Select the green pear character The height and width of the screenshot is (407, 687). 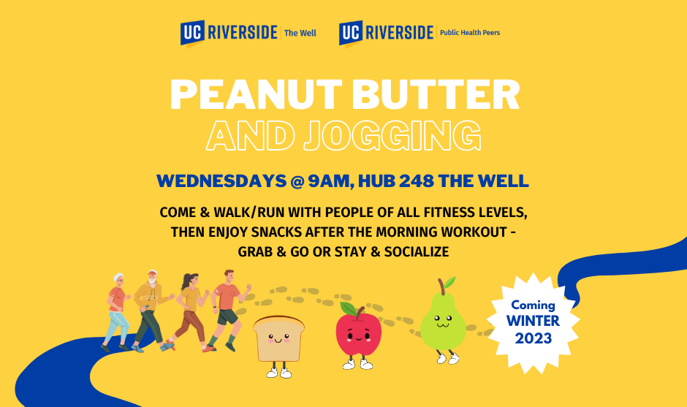click(443, 322)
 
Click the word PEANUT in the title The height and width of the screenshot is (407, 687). click(256, 95)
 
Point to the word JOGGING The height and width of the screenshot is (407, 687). click(392, 135)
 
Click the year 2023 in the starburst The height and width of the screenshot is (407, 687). click(534, 338)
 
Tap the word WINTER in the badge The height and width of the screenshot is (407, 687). click(533, 321)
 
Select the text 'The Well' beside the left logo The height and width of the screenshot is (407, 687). click(300, 33)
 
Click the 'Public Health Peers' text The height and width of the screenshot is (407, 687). click(470, 32)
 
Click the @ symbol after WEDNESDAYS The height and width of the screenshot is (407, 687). click(297, 181)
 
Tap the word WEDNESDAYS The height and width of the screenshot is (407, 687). click(221, 181)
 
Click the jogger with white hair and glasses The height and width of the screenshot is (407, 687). click(116, 312)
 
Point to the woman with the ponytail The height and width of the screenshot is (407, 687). click(189, 311)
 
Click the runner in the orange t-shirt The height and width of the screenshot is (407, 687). click(227, 310)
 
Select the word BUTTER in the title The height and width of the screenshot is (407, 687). click(436, 95)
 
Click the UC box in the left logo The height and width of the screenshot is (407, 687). click(192, 33)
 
